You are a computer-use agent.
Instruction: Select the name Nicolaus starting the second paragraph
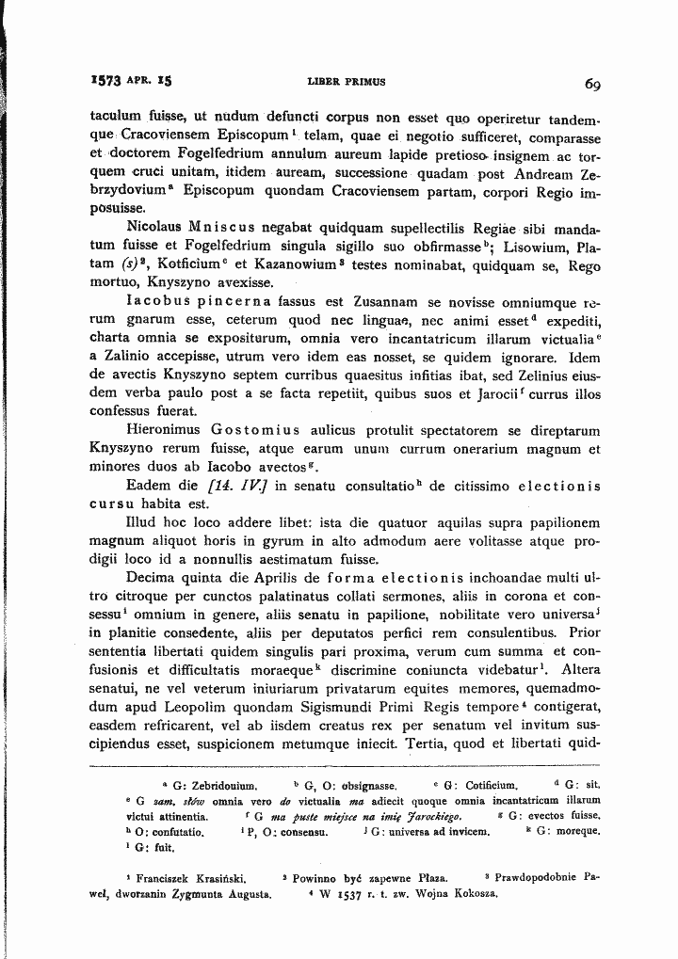(154, 229)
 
